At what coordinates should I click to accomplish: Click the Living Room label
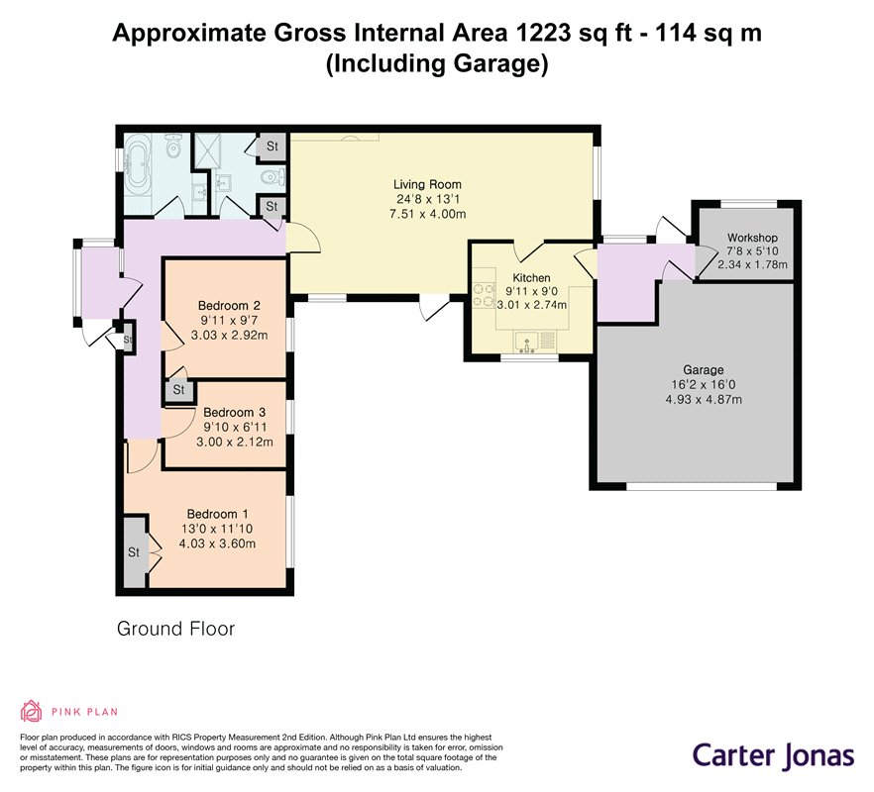click(427, 184)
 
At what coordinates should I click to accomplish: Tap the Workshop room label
click(752, 238)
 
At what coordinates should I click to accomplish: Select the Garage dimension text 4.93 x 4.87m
click(704, 399)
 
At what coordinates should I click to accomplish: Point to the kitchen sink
click(527, 342)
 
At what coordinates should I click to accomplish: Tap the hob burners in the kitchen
click(484, 295)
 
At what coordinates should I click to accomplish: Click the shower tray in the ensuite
click(206, 150)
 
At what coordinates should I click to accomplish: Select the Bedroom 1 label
click(217, 514)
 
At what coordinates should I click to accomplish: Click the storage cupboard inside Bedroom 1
click(135, 552)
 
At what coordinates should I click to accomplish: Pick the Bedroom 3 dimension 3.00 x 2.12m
click(235, 443)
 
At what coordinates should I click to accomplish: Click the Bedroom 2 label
click(229, 306)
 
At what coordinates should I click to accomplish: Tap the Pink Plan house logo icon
click(32, 711)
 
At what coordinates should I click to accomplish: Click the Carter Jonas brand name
click(773, 756)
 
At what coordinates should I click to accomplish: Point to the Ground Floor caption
click(175, 629)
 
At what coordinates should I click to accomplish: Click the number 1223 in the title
click(543, 33)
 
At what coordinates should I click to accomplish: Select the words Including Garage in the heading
click(437, 63)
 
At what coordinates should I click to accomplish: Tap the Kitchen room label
click(531, 278)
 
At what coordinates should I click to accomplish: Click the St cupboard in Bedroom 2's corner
click(178, 390)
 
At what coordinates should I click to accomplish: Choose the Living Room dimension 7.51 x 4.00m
click(427, 214)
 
